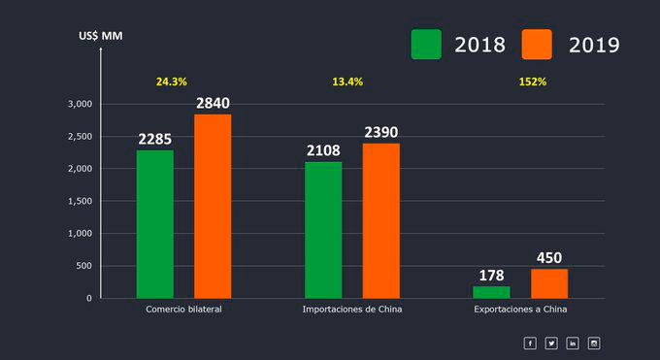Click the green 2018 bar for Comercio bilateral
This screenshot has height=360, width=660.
point(154,224)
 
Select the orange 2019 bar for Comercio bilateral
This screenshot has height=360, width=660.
point(213,207)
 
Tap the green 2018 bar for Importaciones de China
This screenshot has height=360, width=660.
point(323,230)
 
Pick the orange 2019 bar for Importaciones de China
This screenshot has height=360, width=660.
point(381,221)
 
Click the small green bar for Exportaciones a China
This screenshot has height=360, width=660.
point(491,292)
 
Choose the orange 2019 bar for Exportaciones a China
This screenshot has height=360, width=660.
point(549,283)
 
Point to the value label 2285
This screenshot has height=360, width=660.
point(155,139)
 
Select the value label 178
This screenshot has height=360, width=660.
point(492,276)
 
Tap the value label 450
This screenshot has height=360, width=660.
point(549,258)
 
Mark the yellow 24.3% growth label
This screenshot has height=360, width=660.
point(172,82)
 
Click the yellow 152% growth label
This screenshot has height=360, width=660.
point(532,82)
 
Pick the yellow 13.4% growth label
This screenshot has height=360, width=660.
point(347,82)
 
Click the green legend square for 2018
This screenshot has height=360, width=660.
point(426,44)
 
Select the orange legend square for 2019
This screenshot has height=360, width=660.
point(537,44)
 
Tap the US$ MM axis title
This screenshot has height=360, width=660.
point(101,36)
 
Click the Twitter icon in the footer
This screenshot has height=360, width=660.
point(551,343)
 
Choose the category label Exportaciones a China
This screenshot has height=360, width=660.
point(520,310)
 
